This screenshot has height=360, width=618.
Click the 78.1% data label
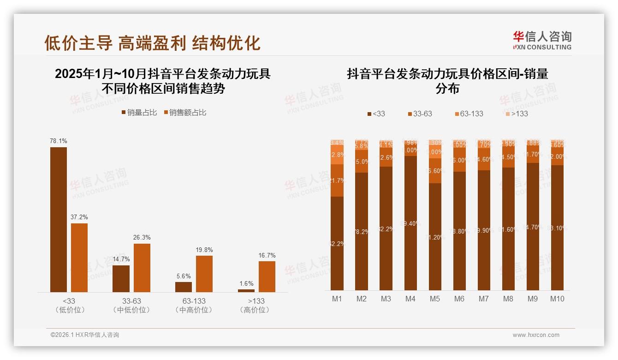pos(59,141)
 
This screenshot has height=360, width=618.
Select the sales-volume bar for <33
pos(59,219)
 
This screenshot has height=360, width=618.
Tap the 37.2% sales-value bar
pos(79,258)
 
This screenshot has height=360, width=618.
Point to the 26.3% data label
pos(142,237)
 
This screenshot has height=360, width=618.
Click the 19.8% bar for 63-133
pos(204,273)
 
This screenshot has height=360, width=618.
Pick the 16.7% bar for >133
pos(267,276)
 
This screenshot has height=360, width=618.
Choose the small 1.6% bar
pos(246,290)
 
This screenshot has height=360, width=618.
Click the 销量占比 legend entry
pos(139,113)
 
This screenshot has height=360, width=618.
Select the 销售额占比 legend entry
pos(185,113)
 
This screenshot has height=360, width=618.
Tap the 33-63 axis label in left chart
pos(131,301)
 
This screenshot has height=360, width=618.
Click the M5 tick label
pos(435,299)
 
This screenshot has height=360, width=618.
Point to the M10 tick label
pos(557,299)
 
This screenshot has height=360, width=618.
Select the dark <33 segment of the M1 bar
pos(337,243)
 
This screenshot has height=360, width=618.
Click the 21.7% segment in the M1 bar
pos(337,180)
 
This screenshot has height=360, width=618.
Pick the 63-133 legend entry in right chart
pos(469,114)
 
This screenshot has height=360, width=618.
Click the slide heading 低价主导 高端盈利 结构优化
pos(152,43)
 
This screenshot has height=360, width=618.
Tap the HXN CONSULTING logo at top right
pos(542,40)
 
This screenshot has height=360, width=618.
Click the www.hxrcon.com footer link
pos(536,335)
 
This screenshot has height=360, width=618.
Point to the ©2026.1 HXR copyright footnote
pos(85,335)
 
